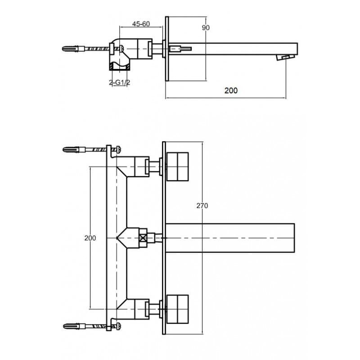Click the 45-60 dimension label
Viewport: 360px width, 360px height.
pos(141,24)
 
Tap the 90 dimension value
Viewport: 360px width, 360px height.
pos(206,27)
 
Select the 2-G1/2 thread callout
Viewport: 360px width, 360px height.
pos(120,82)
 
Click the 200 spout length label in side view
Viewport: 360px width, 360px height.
pos(231,90)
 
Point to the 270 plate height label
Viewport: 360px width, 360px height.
pos(202,206)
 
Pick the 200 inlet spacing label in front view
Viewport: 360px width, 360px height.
pos(90,238)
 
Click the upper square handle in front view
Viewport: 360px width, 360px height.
pos(177,166)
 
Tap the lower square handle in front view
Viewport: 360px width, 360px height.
pos(177,309)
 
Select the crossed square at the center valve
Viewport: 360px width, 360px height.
pos(143,238)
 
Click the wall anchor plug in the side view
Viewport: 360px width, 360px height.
pos(71,49)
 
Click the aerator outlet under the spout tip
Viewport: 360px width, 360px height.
pos(285,57)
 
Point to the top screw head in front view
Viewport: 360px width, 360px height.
pos(119,150)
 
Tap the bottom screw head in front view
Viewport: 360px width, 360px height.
pos(119,326)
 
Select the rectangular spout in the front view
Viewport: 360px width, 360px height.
pos(230,238)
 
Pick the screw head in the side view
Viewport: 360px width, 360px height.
pos(121,49)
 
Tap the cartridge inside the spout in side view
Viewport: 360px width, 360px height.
pos(180,49)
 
